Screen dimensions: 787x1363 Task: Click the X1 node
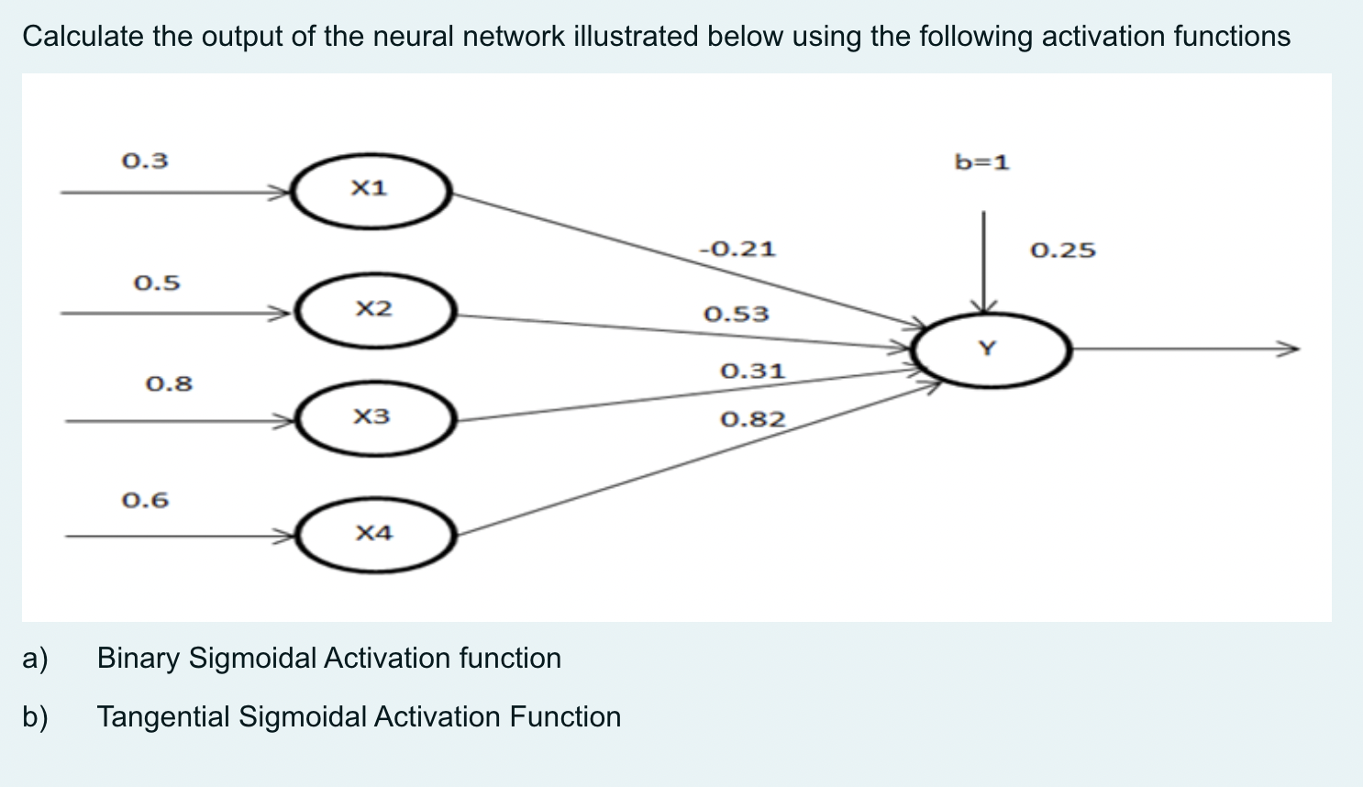pyautogui.click(x=371, y=191)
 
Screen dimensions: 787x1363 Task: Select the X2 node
pyautogui.click(x=374, y=310)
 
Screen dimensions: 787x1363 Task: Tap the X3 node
pyautogui.click(x=373, y=418)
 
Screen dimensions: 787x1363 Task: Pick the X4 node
pyautogui.click(x=374, y=534)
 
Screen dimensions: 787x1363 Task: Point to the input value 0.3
pyautogui.click(x=145, y=161)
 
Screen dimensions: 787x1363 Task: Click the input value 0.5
pyautogui.click(x=157, y=283)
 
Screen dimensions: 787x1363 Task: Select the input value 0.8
pyautogui.click(x=169, y=383)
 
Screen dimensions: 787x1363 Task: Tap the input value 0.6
pyautogui.click(x=145, y=501)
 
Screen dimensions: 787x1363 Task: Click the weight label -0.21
pyautogui.click(x=737, y=249)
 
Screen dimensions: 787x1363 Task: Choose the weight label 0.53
pyautogui.click(x=736, y=315)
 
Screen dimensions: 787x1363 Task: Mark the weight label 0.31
pyautogui.click(x=752, y=371)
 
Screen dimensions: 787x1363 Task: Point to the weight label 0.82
pyautogui.click(x=752, y=420)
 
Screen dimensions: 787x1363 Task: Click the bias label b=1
pyautogui.click(x=981, y=163)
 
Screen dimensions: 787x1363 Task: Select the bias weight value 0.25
pyautogui.click(x=1062, y=250)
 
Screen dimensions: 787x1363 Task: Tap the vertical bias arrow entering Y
pyautogui.click(x=983, y=261)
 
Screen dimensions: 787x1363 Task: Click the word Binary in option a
pyautogui.click(x=139, y=659)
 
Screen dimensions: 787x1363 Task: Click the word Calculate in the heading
pyautogui.click(x=83, y=37)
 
